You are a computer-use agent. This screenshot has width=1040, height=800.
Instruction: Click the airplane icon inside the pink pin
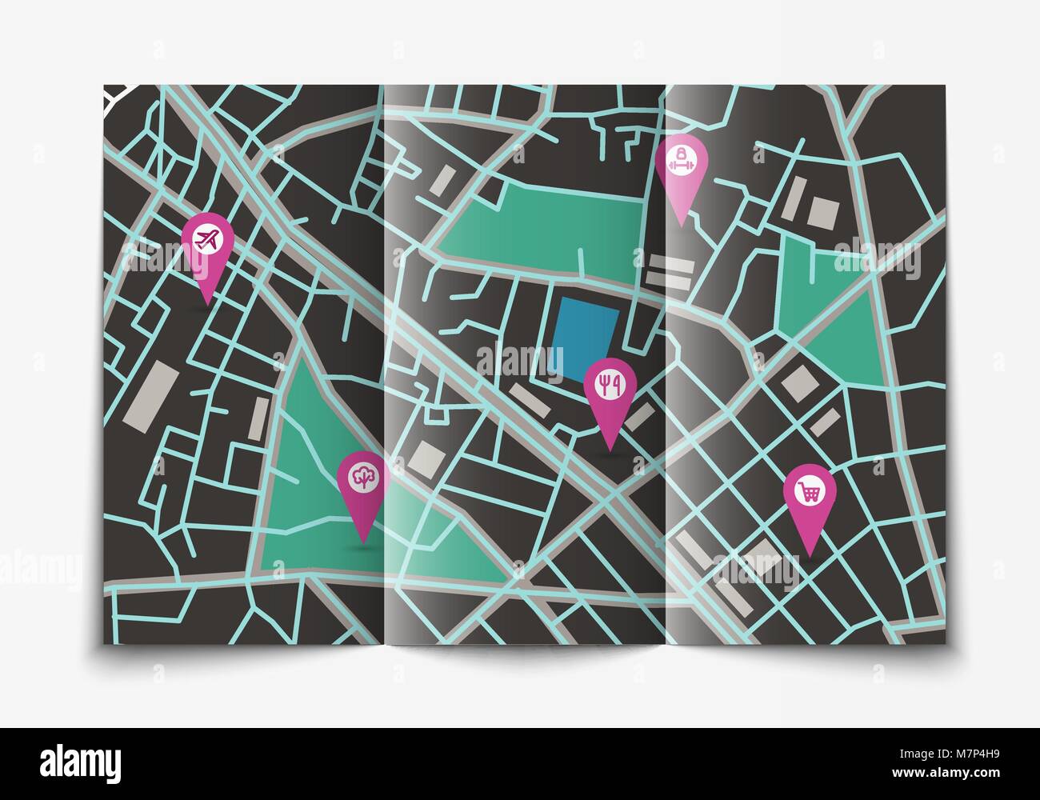coord(207,238)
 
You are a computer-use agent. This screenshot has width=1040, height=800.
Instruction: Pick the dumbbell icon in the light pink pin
coord(681,159)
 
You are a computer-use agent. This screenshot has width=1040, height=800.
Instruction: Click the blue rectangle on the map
coord(587,340)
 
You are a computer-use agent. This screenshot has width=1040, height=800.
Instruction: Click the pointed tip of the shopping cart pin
coord(810,556)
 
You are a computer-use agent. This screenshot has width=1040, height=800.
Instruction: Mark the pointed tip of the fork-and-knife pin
coord(610,450)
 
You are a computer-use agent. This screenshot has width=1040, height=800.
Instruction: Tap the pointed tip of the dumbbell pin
coord(681,226)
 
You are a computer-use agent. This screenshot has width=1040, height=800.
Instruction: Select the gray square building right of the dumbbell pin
coord(822,212)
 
